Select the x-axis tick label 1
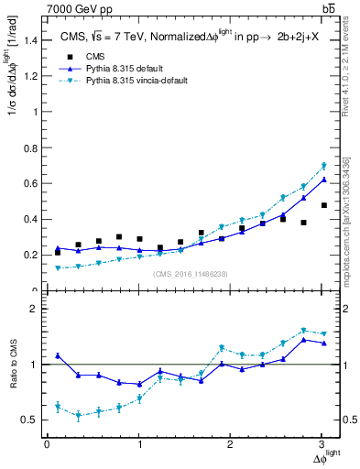point(139,444)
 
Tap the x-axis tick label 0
point(47,444)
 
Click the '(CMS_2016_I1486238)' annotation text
point(191,275)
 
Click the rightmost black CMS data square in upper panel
point(323,205)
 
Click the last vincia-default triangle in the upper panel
point(323,166)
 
